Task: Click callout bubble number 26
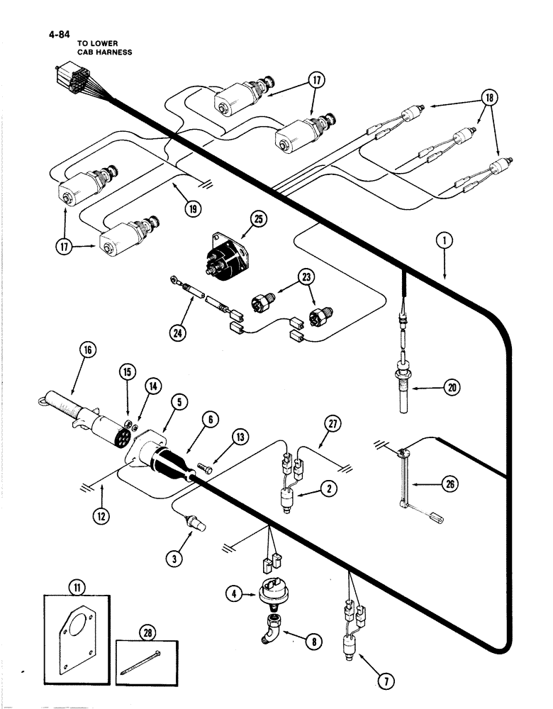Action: (452, 484)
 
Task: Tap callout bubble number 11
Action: (75, 586)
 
